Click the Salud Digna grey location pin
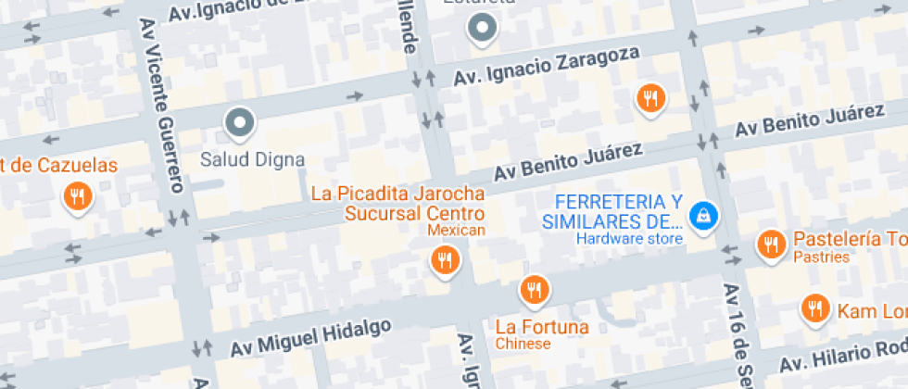tap(240, 121)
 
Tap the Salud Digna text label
tap(252, 159)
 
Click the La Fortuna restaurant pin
tap(533, 291)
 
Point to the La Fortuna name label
tap(542, 327)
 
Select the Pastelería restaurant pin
tap(770, 245)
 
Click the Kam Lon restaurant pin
tap(815, 308)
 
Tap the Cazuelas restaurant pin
tap(76, 195)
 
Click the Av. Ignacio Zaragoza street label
tap(547, 68)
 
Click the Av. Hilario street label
tap(843, 356)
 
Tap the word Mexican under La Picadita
tap(456, 230)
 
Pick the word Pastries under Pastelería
tap(821, 257)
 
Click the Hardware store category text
tap(629, 238)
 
